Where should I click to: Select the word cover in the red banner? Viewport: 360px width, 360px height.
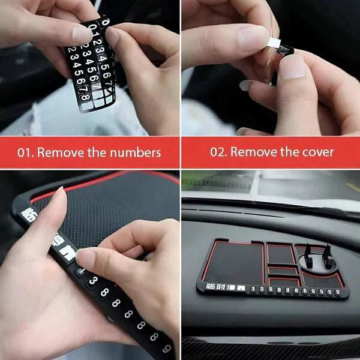315,152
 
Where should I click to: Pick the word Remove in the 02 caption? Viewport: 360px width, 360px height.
254,152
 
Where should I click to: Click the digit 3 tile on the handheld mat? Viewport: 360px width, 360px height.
92,280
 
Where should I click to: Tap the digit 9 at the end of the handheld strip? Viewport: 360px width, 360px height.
165,348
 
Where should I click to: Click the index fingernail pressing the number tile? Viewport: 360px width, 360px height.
85,257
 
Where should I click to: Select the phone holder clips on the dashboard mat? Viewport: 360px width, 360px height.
319,256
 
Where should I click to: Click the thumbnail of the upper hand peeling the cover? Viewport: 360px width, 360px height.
253,37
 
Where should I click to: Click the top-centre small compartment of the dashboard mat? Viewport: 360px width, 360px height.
281,253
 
